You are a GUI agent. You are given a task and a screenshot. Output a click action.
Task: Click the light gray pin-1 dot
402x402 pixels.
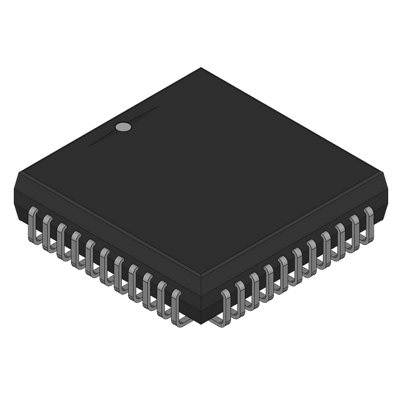124,127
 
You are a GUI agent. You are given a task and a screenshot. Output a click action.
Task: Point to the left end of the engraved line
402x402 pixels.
89,146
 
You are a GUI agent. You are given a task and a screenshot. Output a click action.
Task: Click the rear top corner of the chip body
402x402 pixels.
199,67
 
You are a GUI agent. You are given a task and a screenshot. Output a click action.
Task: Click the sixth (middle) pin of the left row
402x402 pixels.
107,267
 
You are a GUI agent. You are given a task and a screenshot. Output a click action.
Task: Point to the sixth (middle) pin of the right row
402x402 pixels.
296,266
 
